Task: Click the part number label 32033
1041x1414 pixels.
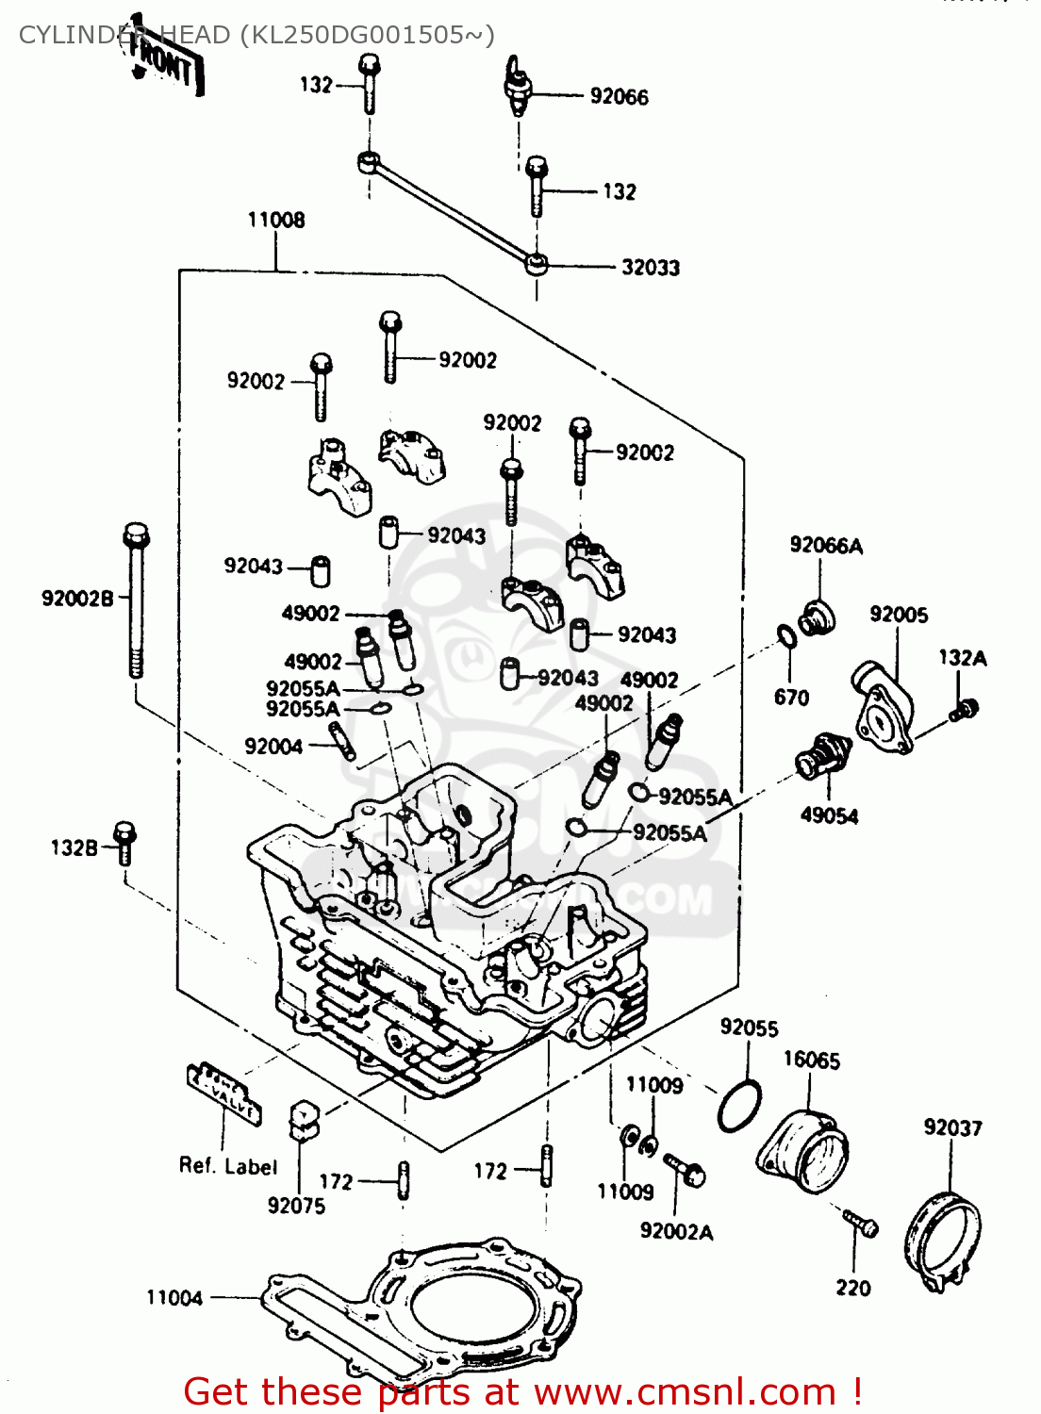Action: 650,268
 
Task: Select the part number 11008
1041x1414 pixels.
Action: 276,221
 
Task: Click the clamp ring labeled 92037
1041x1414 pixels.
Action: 942,1244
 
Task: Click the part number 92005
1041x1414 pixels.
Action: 898,615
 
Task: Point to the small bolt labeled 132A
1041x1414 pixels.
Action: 965,709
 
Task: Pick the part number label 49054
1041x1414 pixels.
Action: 829,816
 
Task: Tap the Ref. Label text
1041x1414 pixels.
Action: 228,1166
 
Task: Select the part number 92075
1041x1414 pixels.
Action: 296,1206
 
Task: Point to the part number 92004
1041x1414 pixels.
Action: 273,747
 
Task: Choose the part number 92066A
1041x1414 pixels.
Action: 826,546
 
